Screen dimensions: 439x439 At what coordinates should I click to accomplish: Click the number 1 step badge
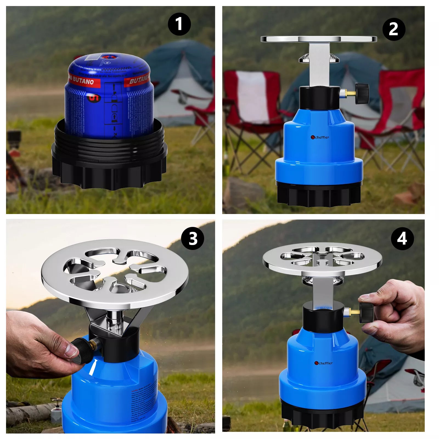click(x=179, y=24)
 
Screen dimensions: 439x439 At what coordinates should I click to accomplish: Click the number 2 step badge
click(x=394, y=29)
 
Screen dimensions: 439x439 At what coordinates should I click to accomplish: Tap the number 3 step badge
click(x=193, y=238)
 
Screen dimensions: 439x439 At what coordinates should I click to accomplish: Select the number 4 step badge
click(x=402, y=238)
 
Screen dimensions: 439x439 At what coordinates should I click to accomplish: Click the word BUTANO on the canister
click(x=83, y=81)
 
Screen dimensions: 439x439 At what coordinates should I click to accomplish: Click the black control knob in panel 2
click(x=362, y=94)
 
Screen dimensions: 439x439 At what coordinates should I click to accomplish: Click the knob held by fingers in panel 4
click(x=367, y=313)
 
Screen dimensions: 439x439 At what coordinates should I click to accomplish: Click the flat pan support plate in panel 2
click(x=318, y=39)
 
